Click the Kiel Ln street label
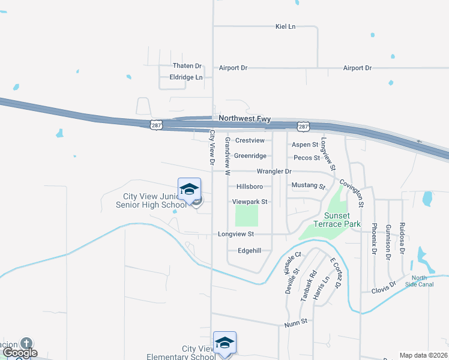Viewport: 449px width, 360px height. coord(286,26)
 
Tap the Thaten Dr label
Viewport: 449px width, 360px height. coord(187,66)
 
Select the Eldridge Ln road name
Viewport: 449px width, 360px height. coord(186,77)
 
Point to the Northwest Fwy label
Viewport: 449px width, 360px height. coord(245,119)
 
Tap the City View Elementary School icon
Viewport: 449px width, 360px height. coord(224,343)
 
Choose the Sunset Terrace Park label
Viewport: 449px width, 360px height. coord(343,220)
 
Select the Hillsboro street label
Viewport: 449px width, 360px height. coord(250,187)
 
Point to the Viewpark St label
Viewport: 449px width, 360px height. coord(250,202)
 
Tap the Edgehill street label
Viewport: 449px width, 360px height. coord(250,250)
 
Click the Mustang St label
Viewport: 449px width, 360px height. coord(308,186)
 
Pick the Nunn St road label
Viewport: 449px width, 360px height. coord(295,322)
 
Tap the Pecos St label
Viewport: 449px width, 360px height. coord(306,158)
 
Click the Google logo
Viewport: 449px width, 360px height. coord(20,353)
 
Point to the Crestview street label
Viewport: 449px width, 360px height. coord(250,140)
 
